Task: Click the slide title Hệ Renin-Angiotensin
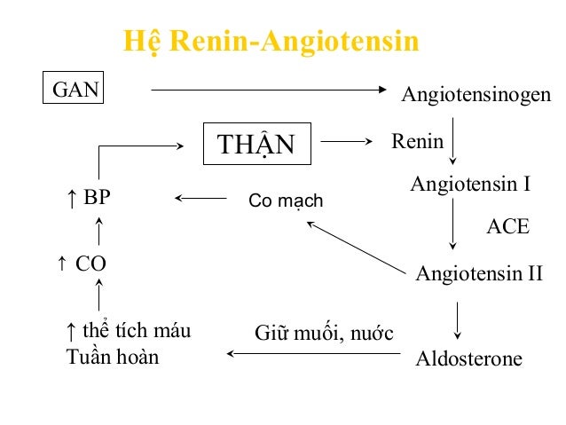pos(271,42)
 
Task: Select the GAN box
pos(75,89)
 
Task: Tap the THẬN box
pos(258,144)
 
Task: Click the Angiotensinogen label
pos(476,94)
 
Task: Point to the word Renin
pos(417,142)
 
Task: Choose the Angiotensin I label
pos(470,185)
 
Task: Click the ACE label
pos(508,226)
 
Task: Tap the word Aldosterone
pos(469,359)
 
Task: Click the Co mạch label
pos(286,201)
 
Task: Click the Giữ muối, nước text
pos(324,334)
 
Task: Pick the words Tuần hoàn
pos(113,359)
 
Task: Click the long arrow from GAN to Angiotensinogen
pos(271,89)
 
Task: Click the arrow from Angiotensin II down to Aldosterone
pos(457,319)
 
